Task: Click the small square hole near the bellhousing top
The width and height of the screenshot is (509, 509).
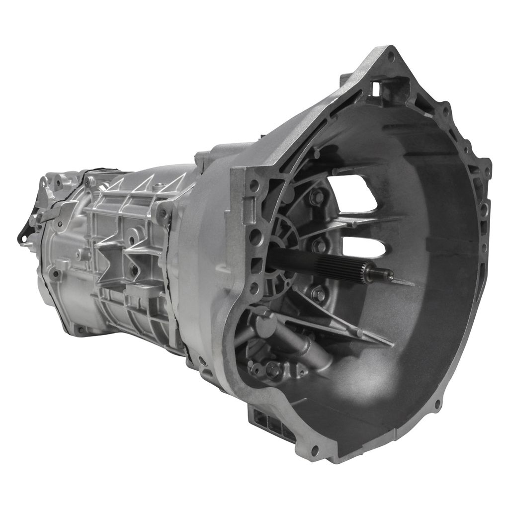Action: point(376,88)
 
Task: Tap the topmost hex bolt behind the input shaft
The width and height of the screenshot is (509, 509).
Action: point(316,197)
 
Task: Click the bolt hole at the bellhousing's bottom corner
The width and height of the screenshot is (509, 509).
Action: point(314,450)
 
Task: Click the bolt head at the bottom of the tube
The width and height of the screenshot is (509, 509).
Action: point(272,369)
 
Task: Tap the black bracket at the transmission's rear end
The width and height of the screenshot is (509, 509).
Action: point(24,234)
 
